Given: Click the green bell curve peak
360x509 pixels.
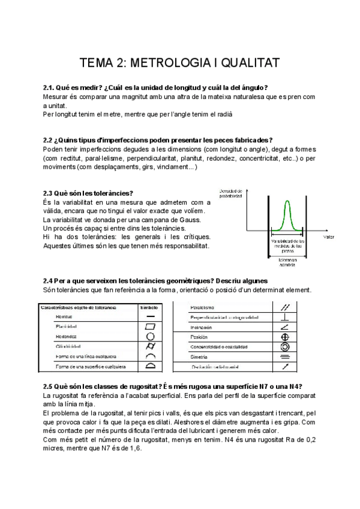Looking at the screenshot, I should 287,202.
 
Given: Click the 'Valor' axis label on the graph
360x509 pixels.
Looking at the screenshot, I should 328,237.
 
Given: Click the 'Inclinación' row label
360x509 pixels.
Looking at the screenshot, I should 204,327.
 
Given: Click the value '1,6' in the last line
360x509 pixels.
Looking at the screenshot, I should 135,449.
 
